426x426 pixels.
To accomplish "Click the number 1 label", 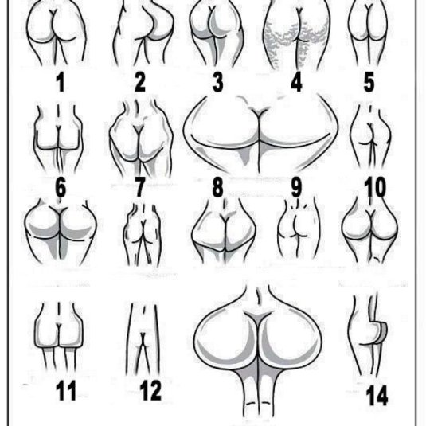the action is tap(61, 82).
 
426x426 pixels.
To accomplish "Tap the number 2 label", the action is tap(140, 82).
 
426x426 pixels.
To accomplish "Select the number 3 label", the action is tap(218, 82).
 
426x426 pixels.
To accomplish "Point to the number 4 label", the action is tap(296, 82).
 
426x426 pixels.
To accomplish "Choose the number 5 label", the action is tap(369, 82).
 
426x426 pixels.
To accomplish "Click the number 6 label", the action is tap(61, 187).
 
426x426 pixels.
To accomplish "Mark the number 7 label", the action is tap(139, 187).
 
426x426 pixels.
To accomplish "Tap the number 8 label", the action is tap(218, 187).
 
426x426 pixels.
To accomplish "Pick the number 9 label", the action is tap(296, 187).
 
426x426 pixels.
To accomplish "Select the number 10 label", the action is tap(375, 187).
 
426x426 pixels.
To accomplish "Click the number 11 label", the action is tap(66, 391).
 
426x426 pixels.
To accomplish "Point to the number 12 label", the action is tap(150, 391).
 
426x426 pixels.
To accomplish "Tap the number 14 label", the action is tap(377, 395).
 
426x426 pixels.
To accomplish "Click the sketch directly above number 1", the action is tap(57, 33).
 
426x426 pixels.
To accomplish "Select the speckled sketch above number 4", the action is tap(298, 34).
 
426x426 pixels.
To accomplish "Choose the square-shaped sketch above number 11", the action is tap(59, 335).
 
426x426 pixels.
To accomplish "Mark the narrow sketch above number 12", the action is tap(143, 338).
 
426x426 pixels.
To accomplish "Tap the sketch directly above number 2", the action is tap(143, 33).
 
